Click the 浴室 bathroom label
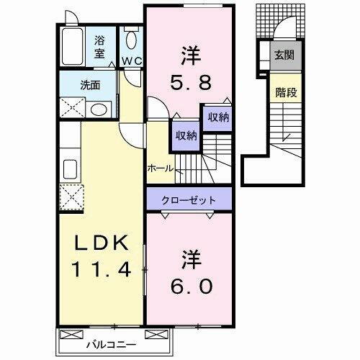tap(99, 46)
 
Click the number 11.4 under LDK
tap(100, 270)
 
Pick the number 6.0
tap(191, 286)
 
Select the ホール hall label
tap(160, 168)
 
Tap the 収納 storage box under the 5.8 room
tap(218, 117)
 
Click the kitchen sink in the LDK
tap(71, 170)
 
